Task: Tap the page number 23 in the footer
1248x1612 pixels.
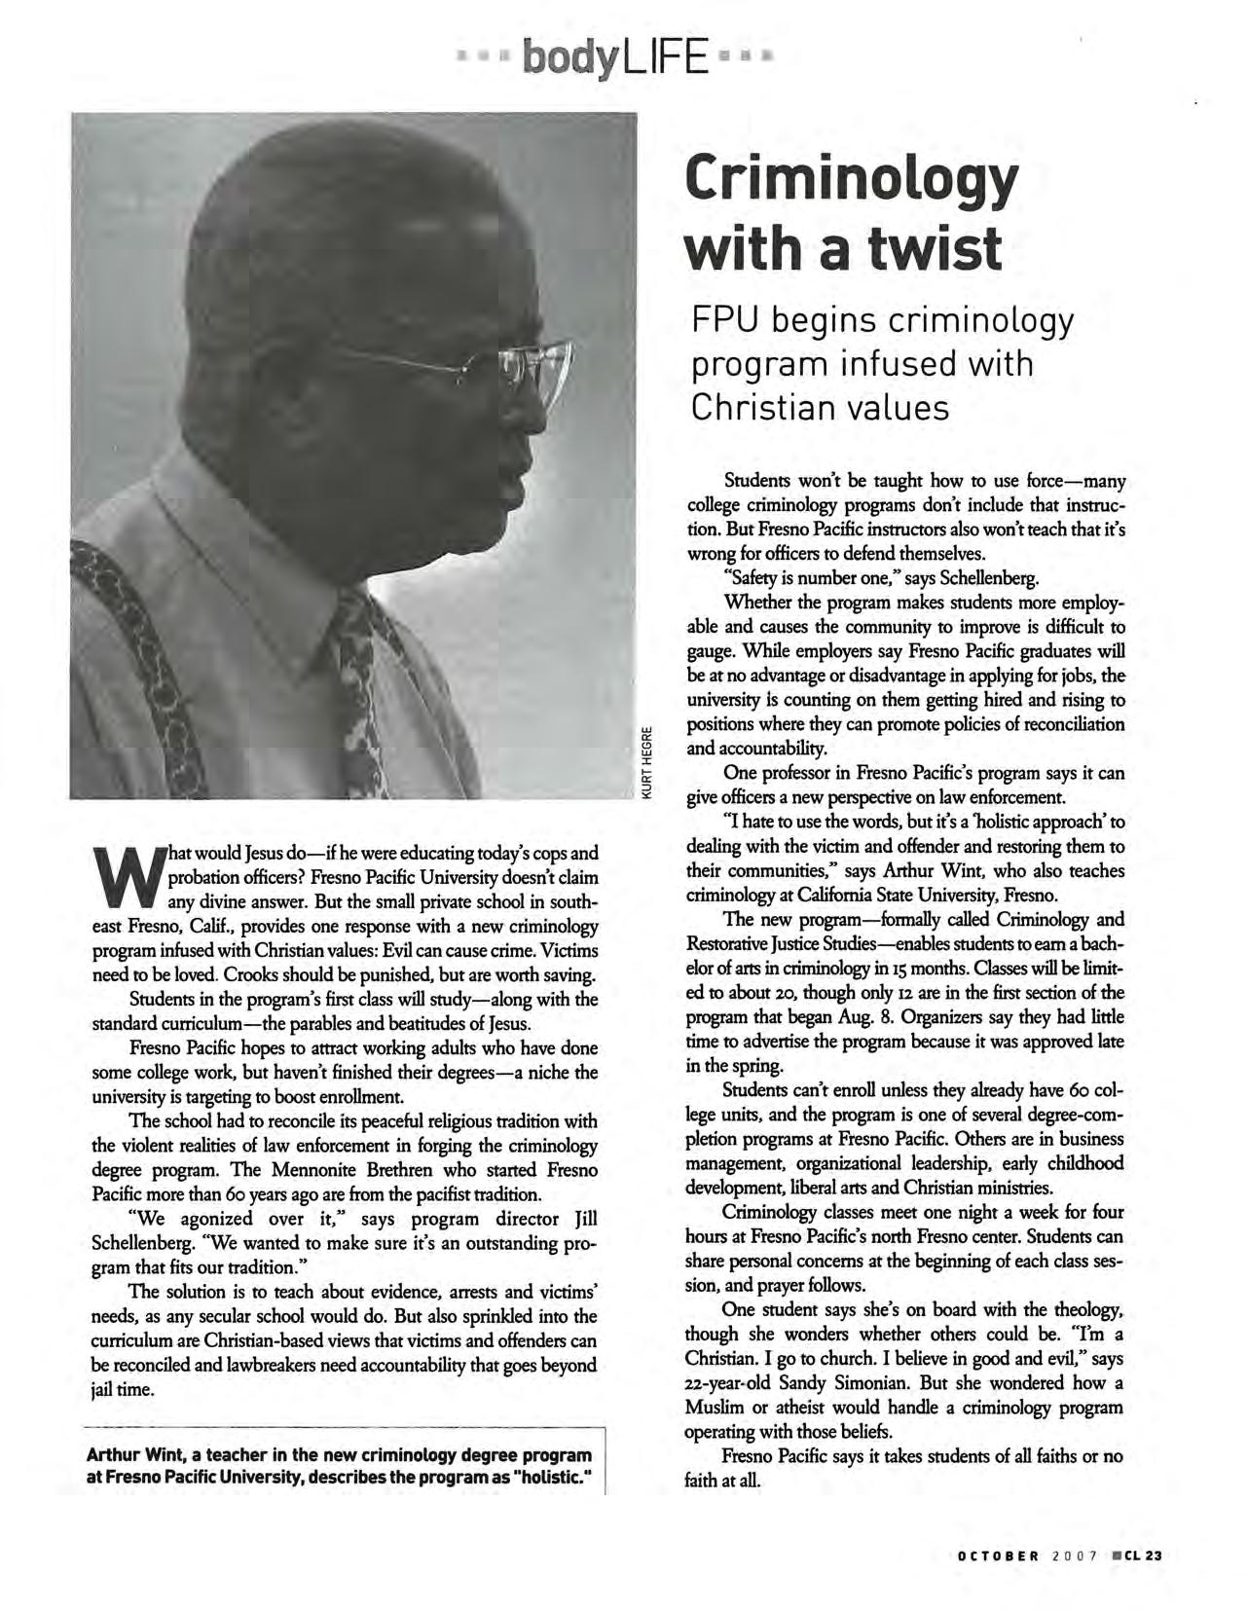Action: pos(1154,1555)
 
